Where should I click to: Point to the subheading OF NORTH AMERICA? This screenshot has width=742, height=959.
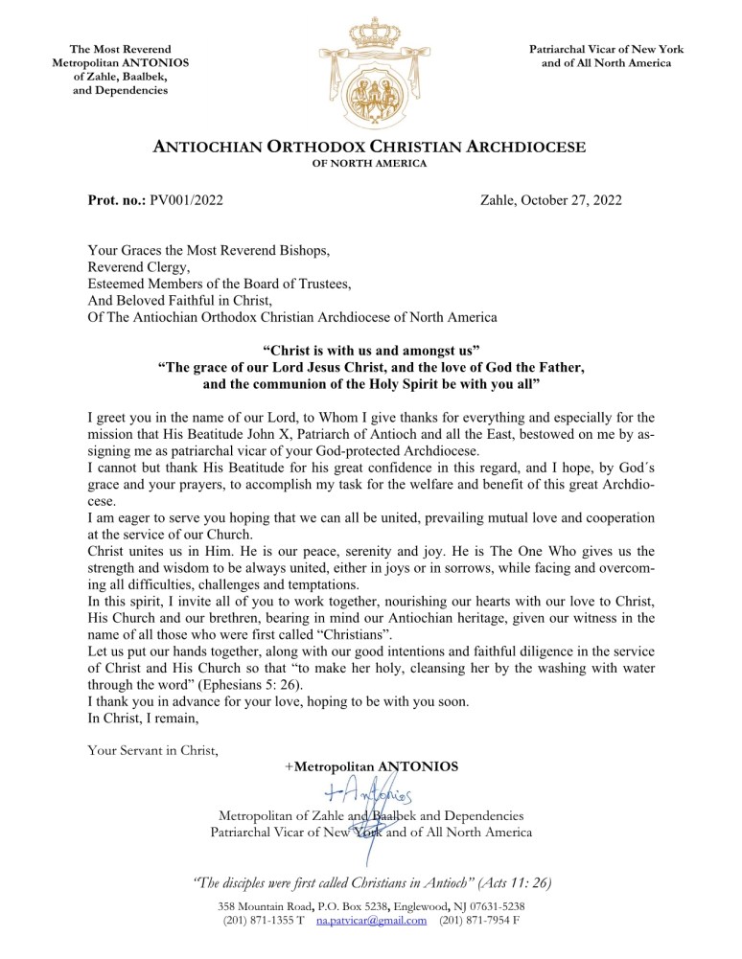pyautogui.click(x=370, y=164)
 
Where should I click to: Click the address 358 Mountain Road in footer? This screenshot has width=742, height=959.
pyautogui.click(x=264, y=905)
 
